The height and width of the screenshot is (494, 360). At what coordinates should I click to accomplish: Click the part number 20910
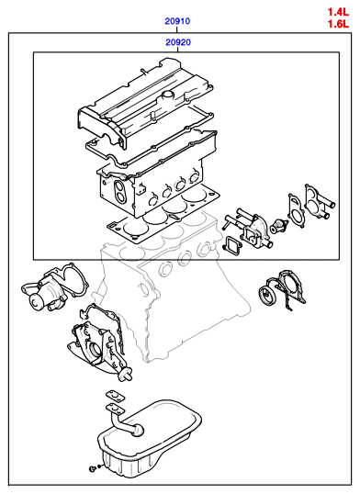click(177, 21)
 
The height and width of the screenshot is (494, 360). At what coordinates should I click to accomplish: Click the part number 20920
click(178, 42)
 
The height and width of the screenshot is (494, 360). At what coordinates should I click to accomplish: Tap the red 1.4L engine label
click(338, 12)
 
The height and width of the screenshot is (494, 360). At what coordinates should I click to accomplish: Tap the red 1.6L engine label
click(338, 24)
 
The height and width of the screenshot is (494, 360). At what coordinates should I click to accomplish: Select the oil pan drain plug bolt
click(93, 469)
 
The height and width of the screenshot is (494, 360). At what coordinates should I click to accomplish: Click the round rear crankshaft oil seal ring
click(267, 296)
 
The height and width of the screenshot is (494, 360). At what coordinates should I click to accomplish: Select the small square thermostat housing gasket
click(232, 244)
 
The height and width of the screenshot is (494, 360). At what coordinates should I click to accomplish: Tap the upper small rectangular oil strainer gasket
click(115, 397)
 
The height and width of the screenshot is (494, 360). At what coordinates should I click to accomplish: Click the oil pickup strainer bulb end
click(137, 431)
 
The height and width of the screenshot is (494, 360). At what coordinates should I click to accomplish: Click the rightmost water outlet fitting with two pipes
click(318, 202)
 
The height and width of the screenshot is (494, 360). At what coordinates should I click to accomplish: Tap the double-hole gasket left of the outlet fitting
click(297, 210)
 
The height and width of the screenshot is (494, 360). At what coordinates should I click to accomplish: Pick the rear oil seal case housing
click(289, 289)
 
